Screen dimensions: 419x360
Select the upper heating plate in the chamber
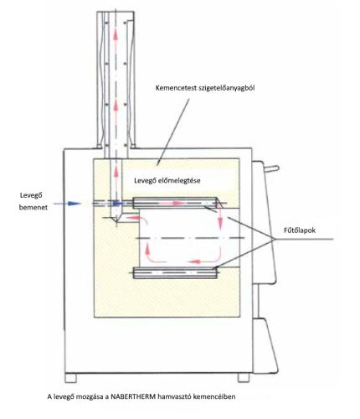[x=174, y=201]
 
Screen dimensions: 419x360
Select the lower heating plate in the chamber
[x=174, y=271]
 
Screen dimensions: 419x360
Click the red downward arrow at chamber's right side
[x=219, y=220]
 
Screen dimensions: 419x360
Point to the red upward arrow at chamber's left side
[x=147, y=250]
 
